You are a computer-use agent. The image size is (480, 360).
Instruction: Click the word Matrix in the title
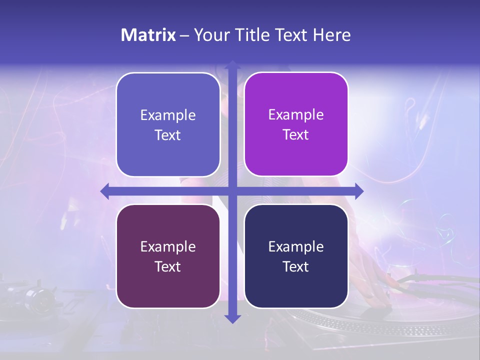tap(148, 35)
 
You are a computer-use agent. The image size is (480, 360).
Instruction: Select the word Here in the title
tap(332, 35)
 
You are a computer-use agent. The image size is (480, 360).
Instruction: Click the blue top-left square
tap(168, 124)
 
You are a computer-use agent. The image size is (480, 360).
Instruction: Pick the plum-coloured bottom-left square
tap(168, 256)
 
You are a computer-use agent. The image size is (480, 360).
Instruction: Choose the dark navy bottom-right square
tap(296, 256)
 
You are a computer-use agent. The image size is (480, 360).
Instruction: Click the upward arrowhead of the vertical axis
tap(232, 65)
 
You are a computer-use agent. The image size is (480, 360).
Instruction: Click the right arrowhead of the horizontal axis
tap(359, 191)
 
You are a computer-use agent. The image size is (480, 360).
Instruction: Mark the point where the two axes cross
tap(232, 191)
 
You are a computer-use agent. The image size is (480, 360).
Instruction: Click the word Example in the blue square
tap(168, 115)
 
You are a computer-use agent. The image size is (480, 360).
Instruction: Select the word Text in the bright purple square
tap(296, 134)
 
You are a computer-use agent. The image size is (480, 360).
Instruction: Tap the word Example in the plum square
tap(168, 246)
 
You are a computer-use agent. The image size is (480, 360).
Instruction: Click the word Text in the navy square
tap(296, 266)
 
